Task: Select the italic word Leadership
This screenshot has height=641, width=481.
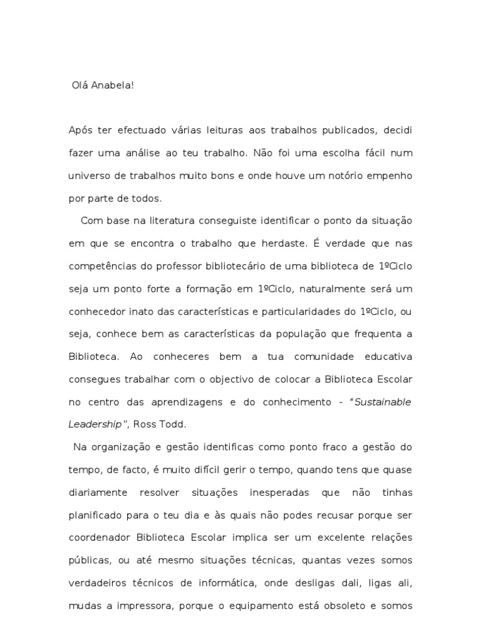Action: tap(95, 424)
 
